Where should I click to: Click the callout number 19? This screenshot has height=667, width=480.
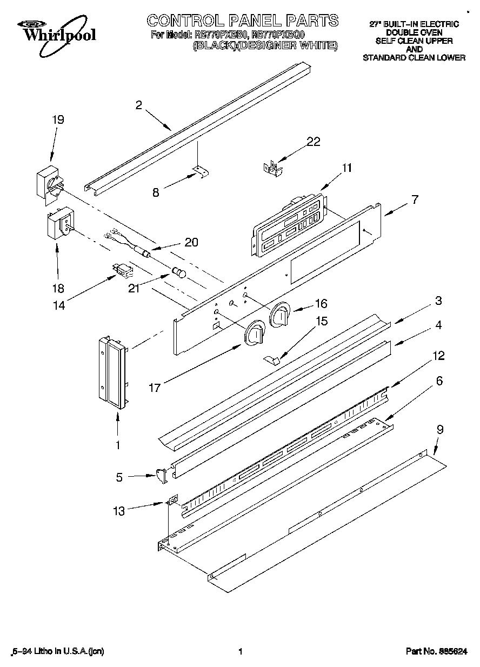click(x=57, y=120)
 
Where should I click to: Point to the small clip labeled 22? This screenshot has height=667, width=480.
click(x=272, y=166)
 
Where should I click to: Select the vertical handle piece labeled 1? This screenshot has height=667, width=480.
click(x=113, y=369)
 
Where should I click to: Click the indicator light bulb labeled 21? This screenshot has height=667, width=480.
click(x=178, y=272)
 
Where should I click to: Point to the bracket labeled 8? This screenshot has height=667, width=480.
click(x=199, y=172)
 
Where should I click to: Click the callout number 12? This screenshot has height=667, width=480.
click(x=438, y=356)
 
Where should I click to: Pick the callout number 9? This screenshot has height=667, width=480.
click(x=440, y=430)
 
